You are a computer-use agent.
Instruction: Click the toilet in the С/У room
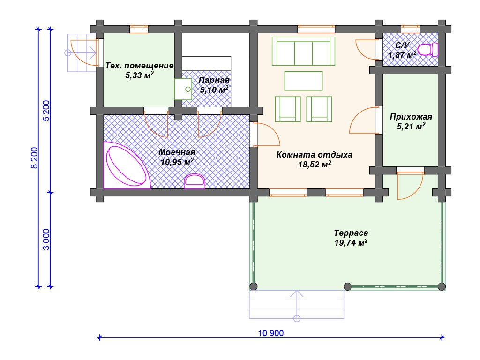[x=427, y=50]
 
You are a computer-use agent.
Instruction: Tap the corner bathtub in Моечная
[x=126, y=165]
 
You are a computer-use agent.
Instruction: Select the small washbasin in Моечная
[x=195, y=181]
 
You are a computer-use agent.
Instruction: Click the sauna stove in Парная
[x=183, y=89]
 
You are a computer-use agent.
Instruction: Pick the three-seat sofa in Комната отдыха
[x=303, y=51]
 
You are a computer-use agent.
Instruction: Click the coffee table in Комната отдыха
[x=303, y=81]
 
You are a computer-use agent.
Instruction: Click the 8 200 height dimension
[x=34, y=158]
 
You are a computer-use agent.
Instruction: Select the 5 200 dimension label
[x=46, y=111]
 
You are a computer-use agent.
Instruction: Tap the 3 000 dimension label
[x=46, y=240]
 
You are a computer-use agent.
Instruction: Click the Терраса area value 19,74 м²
[x=351, y=243]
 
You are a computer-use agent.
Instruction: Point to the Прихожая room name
[x=411, y=117]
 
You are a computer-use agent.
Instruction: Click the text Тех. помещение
[x=139, y=66]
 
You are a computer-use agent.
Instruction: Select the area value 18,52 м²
[x=315, y=165]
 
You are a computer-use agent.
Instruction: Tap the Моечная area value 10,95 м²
[x=177, y=162]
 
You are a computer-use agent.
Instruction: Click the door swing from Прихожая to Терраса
[x=410, y=186]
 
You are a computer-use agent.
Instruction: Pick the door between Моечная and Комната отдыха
[x=267, y=134]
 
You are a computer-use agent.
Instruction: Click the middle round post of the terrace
[x=347, y=286]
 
